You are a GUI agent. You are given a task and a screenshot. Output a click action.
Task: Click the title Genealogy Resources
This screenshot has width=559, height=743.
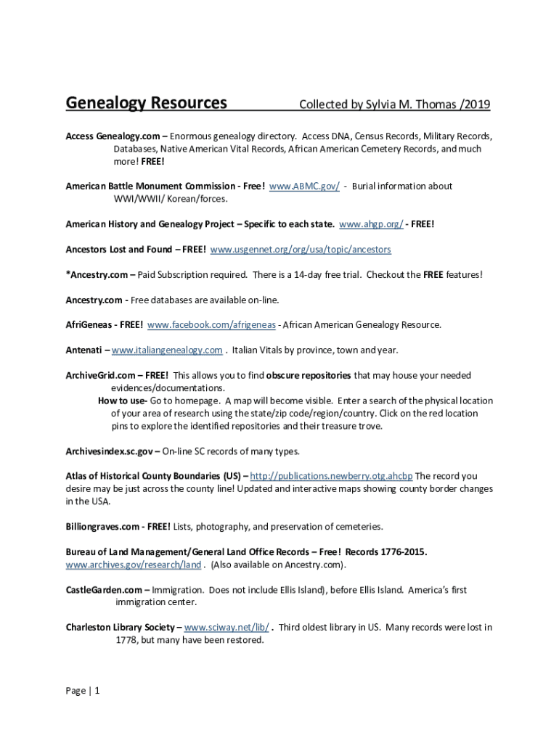click(146, 103)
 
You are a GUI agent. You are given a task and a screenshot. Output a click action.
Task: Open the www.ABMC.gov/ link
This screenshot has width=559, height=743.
click(304, 186)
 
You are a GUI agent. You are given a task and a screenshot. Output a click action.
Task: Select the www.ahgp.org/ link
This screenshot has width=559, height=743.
click(371, 224)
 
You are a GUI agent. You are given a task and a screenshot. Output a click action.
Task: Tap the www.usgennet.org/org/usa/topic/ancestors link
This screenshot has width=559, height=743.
click(301, 250)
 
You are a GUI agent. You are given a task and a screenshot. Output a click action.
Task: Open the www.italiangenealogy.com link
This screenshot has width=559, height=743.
click(167, 350)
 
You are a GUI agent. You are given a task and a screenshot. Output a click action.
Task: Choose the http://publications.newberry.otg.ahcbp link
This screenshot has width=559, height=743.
click(331, 477)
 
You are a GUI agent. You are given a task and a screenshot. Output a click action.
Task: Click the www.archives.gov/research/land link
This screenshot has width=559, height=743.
click(134, 565)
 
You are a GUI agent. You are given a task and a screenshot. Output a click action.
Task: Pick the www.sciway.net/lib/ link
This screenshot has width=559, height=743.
click(227, 628)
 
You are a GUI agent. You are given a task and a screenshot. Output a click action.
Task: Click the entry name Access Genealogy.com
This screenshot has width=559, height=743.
click(113, 136)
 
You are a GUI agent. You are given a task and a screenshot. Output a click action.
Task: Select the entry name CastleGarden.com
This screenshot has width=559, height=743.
click(105, 590)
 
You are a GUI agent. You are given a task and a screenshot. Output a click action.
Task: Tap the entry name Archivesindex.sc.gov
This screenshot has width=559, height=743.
click(109, 451)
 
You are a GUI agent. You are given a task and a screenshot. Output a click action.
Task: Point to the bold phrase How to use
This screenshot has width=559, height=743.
click(122, 401)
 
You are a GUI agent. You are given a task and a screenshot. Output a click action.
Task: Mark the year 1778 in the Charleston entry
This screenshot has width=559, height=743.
click(126, 641)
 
